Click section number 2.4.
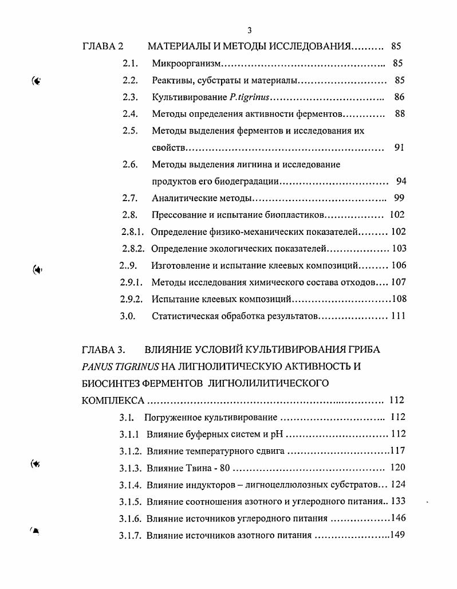pyautogui.click(x=130, y=114)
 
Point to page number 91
pyautogui.click(x=400, y=147)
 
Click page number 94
pyautogui.click(x=401, y=182)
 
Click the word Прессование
pyautogui.click(x=177, y=215)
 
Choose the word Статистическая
pyautogui.click(x=184, y=316)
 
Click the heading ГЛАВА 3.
pyautogui.click(x=104, y=350)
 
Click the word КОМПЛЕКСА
pyautogui.click(x=111, y=400)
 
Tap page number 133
pyautogui.click(x=399, y=501)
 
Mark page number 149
pyautogui.click(x=397, y=536)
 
